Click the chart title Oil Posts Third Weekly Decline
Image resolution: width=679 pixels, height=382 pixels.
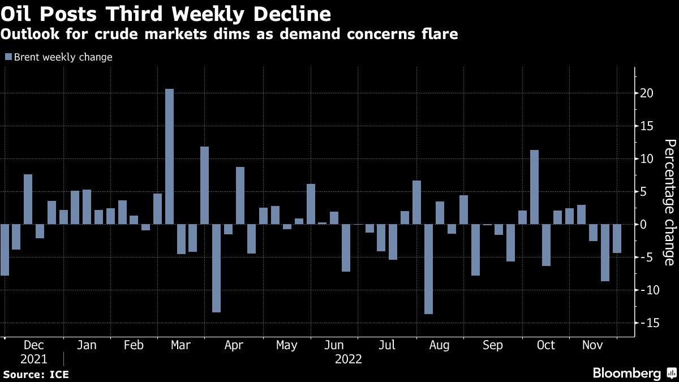tap(166, 13)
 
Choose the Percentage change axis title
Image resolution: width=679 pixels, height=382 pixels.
tap(669, 202)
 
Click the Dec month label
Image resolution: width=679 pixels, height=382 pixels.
tap(34, 345)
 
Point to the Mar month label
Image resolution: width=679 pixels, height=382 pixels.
tap(181, 345)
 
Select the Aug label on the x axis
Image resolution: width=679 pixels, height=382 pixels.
tap(439, 345)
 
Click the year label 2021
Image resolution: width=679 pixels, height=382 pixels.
tap(34, 359)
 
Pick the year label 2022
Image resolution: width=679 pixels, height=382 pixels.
tap(349, 359)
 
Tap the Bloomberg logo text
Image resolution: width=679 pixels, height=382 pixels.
tap(626, 373)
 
